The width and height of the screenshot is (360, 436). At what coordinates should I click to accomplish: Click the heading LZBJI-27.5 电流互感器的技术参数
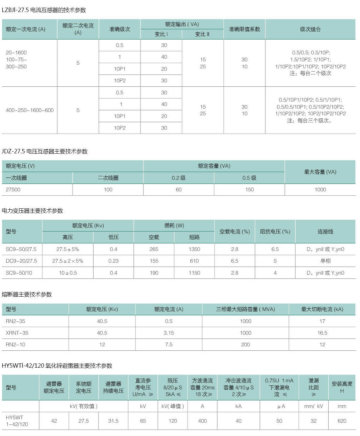pos(44,10)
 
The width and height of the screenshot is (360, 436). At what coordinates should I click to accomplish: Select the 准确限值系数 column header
pos(244,29)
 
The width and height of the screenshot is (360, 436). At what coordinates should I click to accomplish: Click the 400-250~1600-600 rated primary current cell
pos(30,110)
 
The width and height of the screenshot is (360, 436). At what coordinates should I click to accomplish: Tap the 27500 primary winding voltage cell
pos(13,190)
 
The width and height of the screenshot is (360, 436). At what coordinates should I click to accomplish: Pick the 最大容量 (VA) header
pos(320,172)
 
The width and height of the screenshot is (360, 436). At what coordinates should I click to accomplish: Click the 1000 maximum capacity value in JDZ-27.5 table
pos(320,190)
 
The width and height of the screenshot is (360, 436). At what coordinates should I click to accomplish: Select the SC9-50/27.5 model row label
pos(21,249)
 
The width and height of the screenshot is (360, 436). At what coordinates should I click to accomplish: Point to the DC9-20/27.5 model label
pos(21,261)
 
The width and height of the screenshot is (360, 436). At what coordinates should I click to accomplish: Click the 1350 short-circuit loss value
pos(194,249)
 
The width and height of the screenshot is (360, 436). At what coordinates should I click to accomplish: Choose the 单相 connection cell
pos(325,261)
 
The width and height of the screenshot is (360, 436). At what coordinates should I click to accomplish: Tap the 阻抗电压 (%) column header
pos(275,232)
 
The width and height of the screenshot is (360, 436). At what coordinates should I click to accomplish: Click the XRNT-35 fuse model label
pos(17,333)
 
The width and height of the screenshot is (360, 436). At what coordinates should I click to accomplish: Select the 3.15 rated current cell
pos(169,333)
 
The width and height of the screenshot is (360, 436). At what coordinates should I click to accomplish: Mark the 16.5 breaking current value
pos(322,333)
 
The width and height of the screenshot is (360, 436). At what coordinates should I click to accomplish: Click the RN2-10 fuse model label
pos(15,345)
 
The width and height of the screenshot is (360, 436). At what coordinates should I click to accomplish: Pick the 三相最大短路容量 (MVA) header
pos(245,309)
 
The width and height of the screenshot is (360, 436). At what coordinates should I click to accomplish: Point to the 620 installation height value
pos(342,421)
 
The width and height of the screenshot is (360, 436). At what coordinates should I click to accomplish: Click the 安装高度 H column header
pos(342,387)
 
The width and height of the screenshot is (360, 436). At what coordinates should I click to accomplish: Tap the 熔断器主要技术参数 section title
pos(27,294)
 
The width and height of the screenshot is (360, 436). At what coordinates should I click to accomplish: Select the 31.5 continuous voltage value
pos(113,421)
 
